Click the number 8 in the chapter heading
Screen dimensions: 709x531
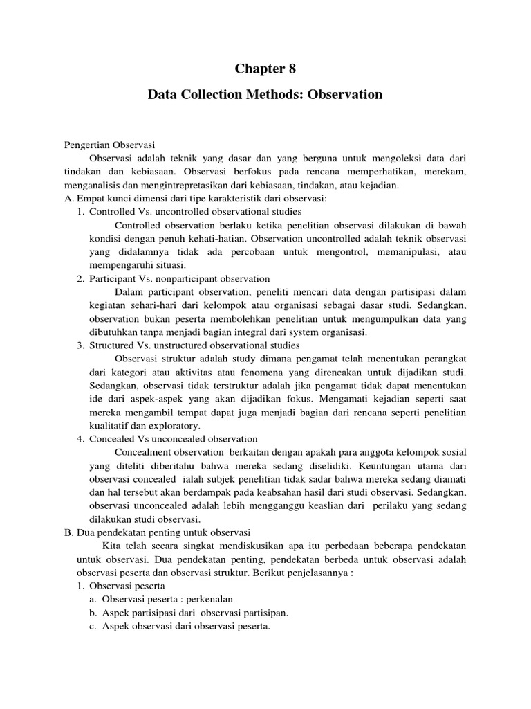[x=299, y=68]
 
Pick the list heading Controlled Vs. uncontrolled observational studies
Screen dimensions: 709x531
[x=195, y=211]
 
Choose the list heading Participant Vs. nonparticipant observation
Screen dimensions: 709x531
[x=180, y=278]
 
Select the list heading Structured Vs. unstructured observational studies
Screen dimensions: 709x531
[x=194, y=345]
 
